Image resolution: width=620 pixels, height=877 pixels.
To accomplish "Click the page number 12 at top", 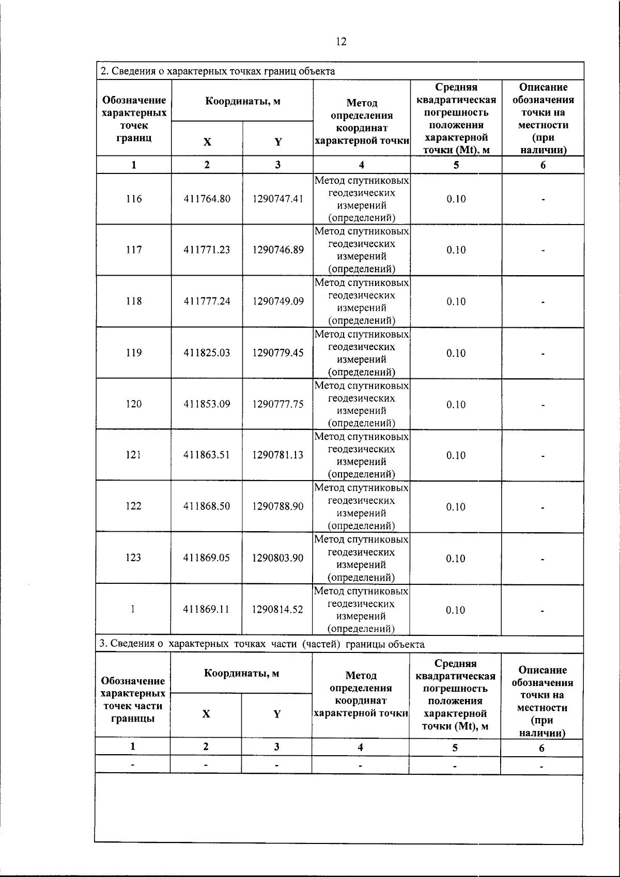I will point(341,42).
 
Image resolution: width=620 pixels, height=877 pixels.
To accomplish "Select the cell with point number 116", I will point(134,199).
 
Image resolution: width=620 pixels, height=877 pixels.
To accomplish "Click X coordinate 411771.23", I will point(207,250).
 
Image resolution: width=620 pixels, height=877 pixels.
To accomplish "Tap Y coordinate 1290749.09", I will point(278,301).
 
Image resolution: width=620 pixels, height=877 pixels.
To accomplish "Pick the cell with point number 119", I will point(134,353).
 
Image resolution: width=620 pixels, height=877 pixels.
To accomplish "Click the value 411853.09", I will point(207,404).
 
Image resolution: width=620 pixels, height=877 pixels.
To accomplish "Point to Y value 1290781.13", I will point(278,455).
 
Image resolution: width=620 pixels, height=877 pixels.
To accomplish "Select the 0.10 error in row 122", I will point(456,506).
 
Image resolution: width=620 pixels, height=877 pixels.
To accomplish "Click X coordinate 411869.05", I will point(207,558).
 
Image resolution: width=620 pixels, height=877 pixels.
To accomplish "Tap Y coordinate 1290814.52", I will point(278,610).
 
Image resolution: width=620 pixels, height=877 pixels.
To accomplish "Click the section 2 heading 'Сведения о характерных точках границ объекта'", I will point(217,71).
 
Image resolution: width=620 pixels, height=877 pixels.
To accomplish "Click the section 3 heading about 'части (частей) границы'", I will point(262,644).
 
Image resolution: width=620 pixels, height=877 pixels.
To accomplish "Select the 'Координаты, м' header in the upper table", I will point(242,101).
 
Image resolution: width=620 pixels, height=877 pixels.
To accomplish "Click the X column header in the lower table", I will point(206,714).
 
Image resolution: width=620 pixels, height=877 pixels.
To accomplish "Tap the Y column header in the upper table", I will point(278,142).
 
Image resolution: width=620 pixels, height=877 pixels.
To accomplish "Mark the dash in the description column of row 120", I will point(542,405).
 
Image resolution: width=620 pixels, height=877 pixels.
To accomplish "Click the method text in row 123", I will point(361,558).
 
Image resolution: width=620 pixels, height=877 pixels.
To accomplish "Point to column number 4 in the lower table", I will point(360,747).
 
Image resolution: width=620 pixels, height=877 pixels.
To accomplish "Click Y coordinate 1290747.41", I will point(278,199).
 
